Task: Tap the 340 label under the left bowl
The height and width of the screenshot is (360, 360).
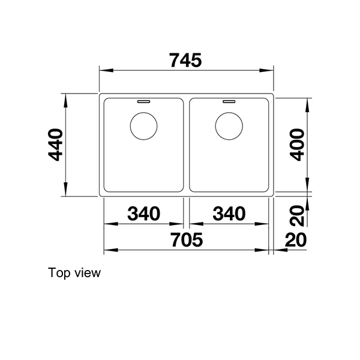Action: click(x=144, y=213)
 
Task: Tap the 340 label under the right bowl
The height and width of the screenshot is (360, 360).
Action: click(x=228, y=213)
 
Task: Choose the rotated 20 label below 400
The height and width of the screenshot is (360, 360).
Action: click(x=297, y=213)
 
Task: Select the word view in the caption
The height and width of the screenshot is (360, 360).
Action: click(x=87, y=274)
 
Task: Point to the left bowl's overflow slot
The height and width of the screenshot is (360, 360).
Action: click(x=144, y=102)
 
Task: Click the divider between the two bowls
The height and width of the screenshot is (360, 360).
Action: click(x=186, y=144)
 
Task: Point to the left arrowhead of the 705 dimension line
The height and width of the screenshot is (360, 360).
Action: click(x=109, y=249)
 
